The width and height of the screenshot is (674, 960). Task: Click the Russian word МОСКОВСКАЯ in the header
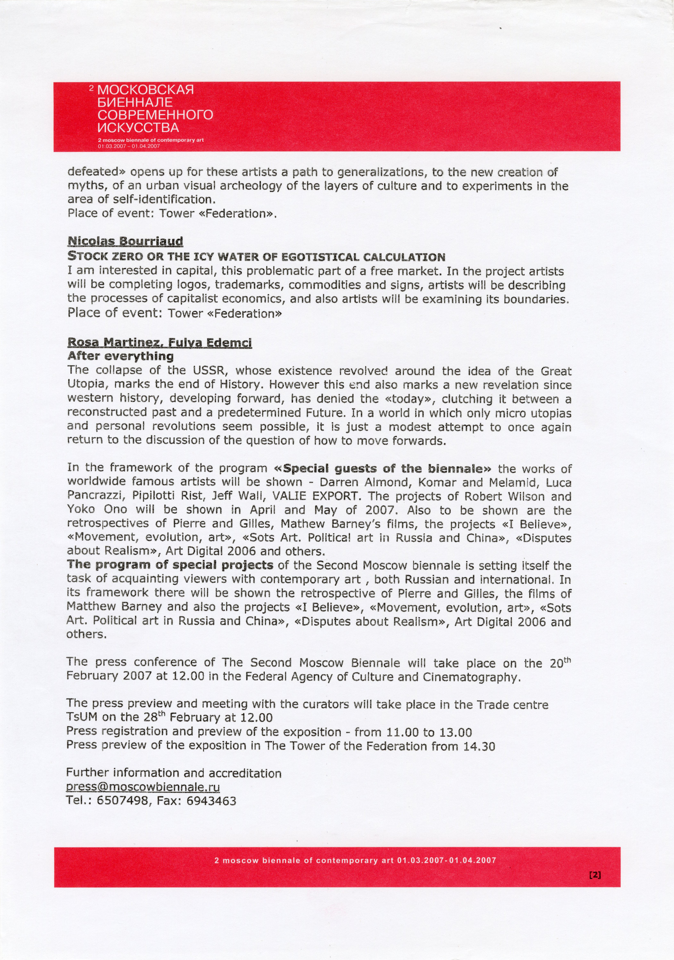145,90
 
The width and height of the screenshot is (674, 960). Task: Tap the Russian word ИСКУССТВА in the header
138,127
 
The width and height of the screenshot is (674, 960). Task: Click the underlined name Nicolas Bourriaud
125,241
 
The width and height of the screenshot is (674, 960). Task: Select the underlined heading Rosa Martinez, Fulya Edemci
159,343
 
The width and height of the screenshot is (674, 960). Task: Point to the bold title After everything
120,356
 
